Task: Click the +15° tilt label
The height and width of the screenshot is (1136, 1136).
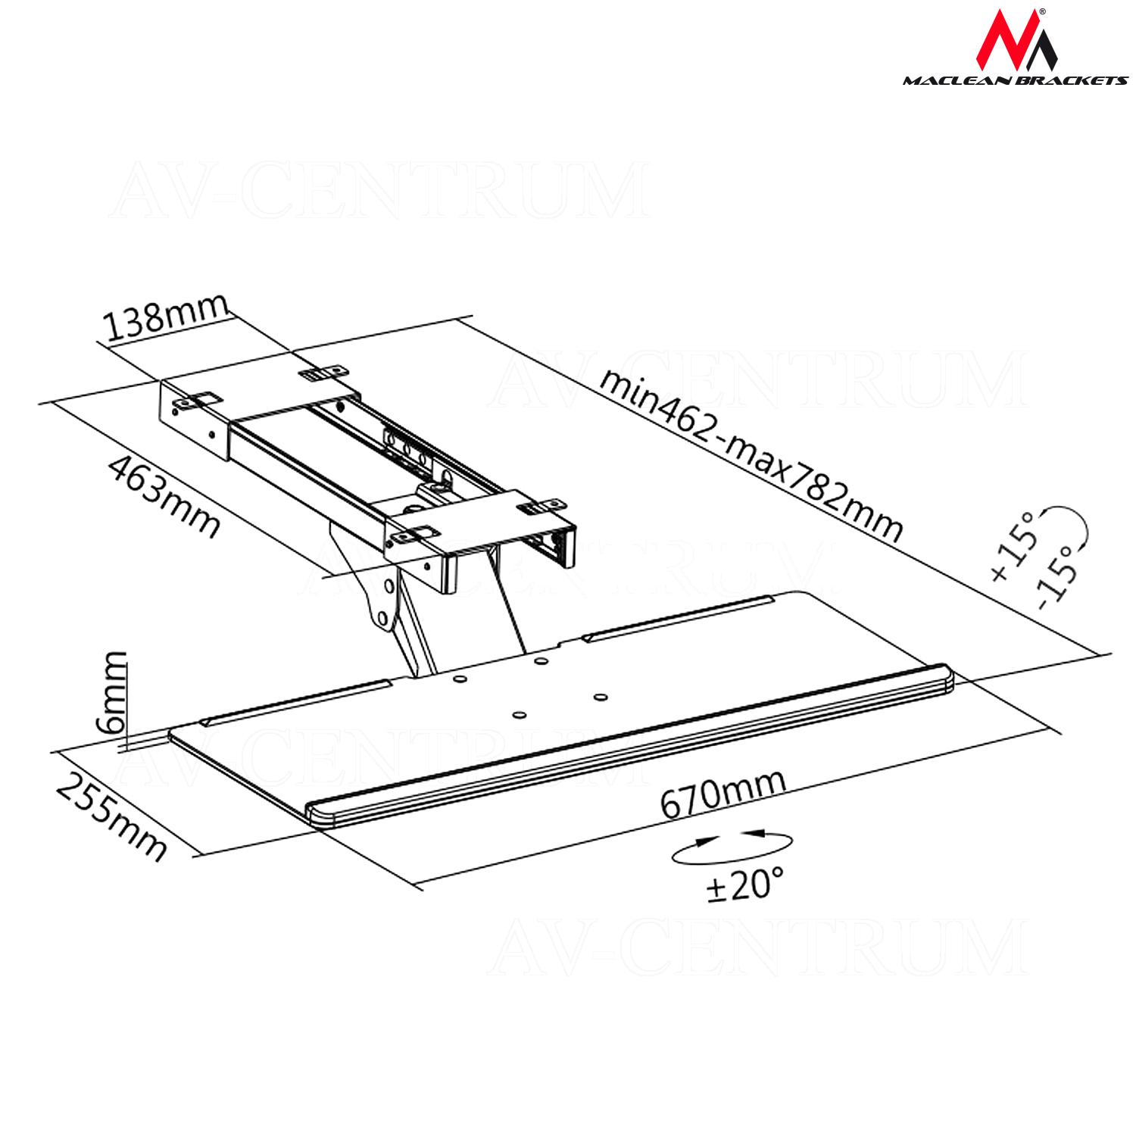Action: [x=1012, y=547]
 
